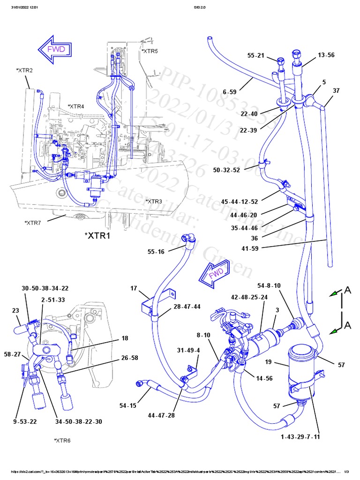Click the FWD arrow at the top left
55,49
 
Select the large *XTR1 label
97,235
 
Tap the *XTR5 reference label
150,51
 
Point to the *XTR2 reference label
24,70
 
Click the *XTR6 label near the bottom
62,441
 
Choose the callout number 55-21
256,56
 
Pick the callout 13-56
326,55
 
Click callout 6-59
230,92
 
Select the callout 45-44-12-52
240,202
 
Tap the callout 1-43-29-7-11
300,437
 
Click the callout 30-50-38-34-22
45,288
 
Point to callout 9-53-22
25,421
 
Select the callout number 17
134,289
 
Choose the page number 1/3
347,472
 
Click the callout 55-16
156,252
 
